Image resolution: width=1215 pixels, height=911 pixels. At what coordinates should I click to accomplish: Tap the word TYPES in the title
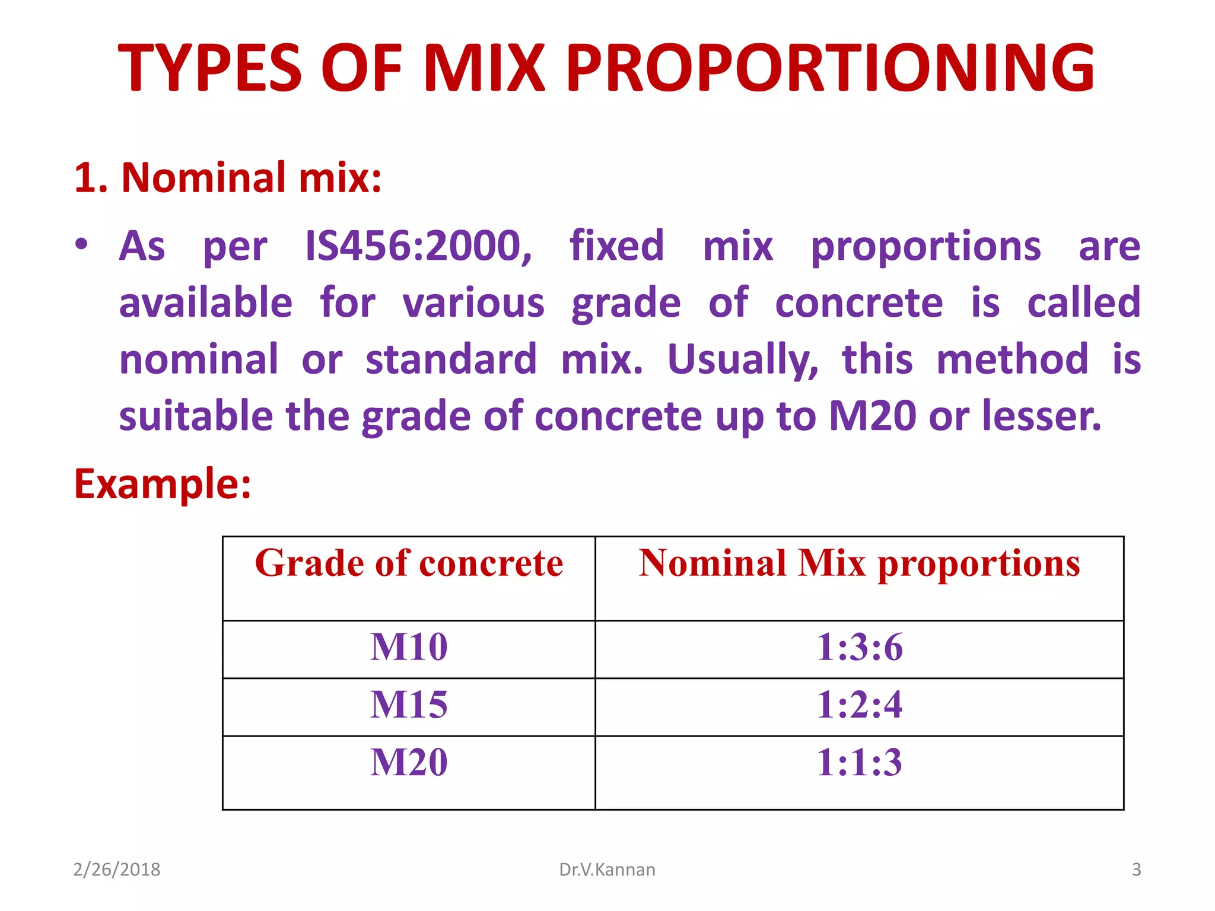[x=211, y=68]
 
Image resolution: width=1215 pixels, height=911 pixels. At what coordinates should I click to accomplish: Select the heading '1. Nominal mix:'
[x=228, y=178]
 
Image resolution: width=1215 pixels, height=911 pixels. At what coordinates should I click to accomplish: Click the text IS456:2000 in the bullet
[x=418, y=246]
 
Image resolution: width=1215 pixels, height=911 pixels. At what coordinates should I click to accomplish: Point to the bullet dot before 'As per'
[x=82, y=244]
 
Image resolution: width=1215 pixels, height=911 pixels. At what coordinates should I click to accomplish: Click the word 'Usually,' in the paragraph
[x=743, y=360]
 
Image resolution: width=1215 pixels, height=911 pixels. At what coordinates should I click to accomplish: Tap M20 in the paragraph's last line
[x=872, y=416]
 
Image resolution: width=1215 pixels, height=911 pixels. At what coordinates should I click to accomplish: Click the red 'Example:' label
[x=163, y=485]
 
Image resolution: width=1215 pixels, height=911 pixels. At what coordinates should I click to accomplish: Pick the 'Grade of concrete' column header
[x=409, y=563]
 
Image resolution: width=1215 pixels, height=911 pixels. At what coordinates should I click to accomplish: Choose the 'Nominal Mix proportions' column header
[x=859, y=563]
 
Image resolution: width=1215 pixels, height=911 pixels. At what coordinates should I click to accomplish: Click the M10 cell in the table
[x=409, y=647]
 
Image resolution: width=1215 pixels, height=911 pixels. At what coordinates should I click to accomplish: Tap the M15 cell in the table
[x=409, y=705]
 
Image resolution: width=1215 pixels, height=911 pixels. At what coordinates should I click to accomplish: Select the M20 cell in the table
[x=409, y=763]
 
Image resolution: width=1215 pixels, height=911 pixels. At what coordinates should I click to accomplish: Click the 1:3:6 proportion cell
[x=859, y=647]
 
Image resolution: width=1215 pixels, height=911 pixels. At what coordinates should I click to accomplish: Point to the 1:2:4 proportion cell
[x=859, y=705]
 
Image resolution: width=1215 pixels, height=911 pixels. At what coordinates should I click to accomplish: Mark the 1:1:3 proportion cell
[x=859, y=763]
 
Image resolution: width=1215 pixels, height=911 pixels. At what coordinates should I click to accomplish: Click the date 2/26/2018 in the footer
[x=117, y=869]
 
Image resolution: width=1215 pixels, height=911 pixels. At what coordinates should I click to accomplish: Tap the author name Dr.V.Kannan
[x=607, y=869]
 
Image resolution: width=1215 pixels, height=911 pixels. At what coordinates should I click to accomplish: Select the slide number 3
[x=1136, y=869]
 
